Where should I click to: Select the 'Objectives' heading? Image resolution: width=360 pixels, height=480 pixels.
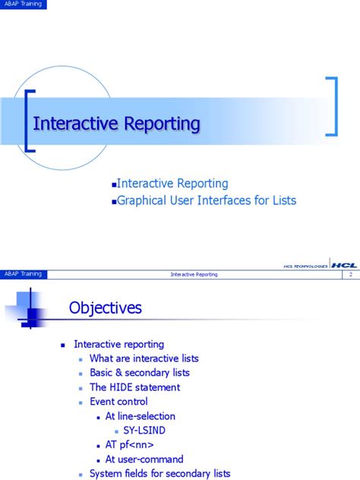(x=106, y=308)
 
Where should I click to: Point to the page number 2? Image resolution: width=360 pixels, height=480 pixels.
(x=351, y=274)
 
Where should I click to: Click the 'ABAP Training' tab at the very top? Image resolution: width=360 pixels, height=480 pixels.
(x=23, y=5)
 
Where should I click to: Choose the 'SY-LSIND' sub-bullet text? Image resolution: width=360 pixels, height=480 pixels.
(x=144, y=430)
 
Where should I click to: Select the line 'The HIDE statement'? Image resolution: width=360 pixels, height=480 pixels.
(x=134, y=387)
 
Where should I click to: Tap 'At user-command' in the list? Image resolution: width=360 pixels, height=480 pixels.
(x=144, y=459)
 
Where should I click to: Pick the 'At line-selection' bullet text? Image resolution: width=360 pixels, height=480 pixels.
(x=141, y=416)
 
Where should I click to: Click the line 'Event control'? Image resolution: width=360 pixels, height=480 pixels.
(x=118, y=402)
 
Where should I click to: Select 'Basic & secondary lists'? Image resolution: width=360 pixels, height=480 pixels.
(x=140, y=373)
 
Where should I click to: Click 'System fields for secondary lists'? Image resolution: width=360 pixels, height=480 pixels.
(x=159, y=473)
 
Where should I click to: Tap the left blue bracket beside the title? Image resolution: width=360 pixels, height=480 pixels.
(x=29, y=122)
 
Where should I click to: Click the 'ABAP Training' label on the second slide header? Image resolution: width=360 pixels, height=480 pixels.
(x=23, y=273)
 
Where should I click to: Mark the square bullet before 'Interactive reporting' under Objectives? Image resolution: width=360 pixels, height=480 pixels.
(x=64, y=345)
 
